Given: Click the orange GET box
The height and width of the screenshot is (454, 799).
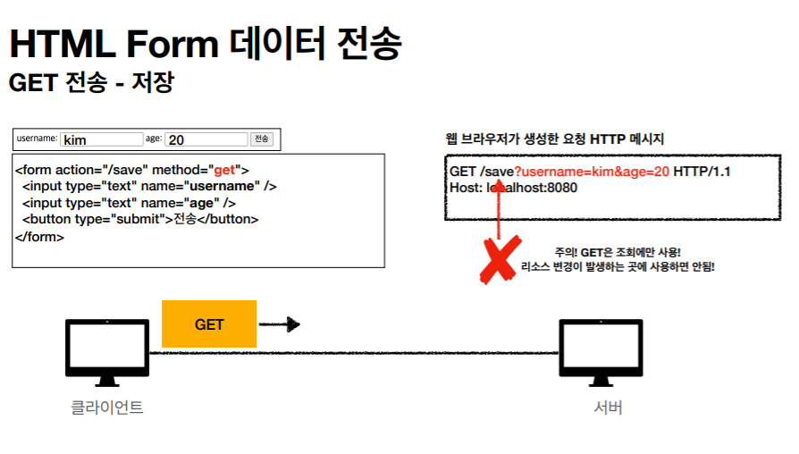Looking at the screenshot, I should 208,324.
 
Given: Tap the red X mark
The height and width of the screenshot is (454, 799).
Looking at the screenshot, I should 497,259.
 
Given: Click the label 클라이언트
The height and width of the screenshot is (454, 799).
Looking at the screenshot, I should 106,408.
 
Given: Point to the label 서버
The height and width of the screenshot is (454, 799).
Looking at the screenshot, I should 608,408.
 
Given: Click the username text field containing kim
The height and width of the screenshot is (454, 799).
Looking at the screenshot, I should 101,140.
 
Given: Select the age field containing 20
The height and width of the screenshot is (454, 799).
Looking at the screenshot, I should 206,140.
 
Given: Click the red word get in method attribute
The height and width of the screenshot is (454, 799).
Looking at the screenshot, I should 226,169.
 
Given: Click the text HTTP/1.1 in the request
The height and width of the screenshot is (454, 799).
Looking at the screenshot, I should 702,171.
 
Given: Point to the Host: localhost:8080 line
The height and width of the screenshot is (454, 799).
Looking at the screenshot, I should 513,188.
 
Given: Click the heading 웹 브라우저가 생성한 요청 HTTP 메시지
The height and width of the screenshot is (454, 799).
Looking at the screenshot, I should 554,139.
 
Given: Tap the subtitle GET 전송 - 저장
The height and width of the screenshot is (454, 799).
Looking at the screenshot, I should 90,83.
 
